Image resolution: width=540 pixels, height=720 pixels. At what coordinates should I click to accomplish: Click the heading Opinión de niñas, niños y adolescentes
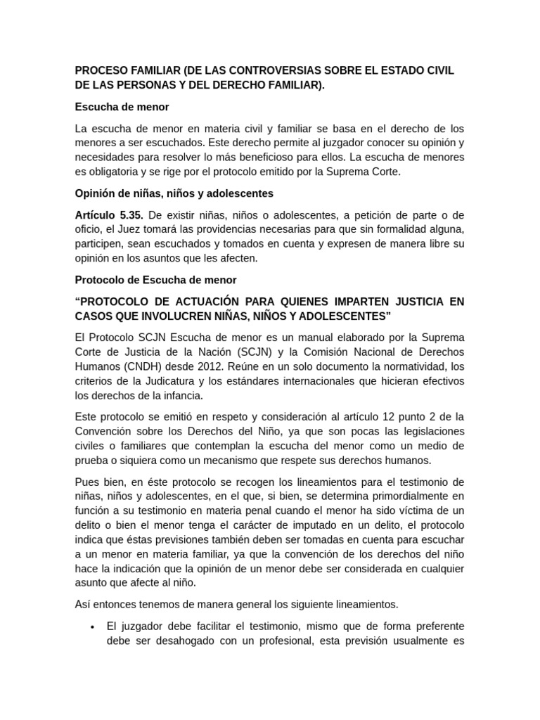[x=174, y=193]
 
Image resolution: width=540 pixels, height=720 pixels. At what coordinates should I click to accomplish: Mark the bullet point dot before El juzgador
[x=93, y=626]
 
